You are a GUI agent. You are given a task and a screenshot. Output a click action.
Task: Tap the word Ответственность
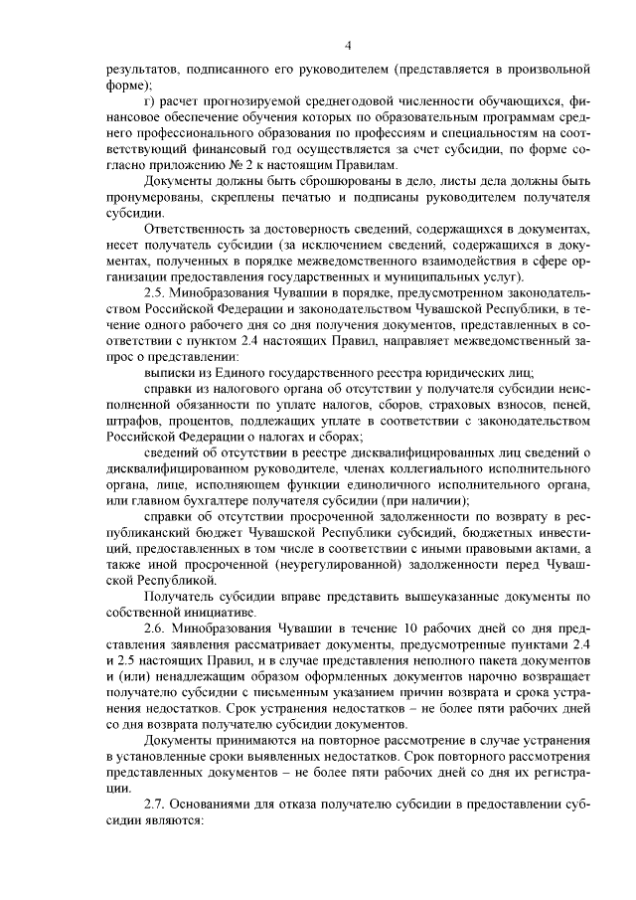[x=193, y=229]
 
